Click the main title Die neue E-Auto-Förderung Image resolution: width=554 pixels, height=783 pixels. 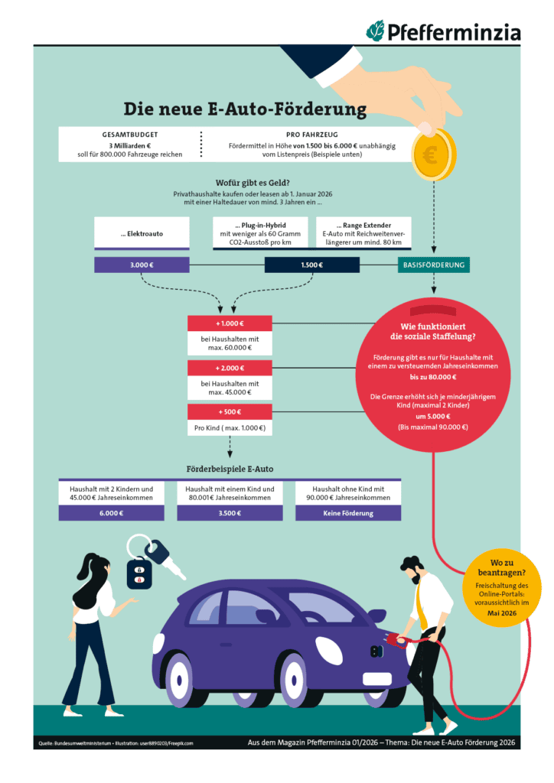(245, 109)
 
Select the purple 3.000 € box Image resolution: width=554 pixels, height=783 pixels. (142, 265)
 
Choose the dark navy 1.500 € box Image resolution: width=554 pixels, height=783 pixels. (311, 265)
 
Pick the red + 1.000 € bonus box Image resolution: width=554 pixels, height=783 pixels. (230, 323)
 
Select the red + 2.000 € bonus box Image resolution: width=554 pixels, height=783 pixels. (230, 368)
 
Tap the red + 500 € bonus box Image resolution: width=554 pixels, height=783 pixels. (230, 412)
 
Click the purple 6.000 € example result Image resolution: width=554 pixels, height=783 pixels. (112, 512)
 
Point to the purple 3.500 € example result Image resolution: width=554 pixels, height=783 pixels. (230, 512)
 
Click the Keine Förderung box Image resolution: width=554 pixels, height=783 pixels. (348, 512)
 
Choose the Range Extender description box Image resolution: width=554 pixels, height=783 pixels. (363, 232)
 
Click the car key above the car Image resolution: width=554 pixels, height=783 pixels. (157, 562)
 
